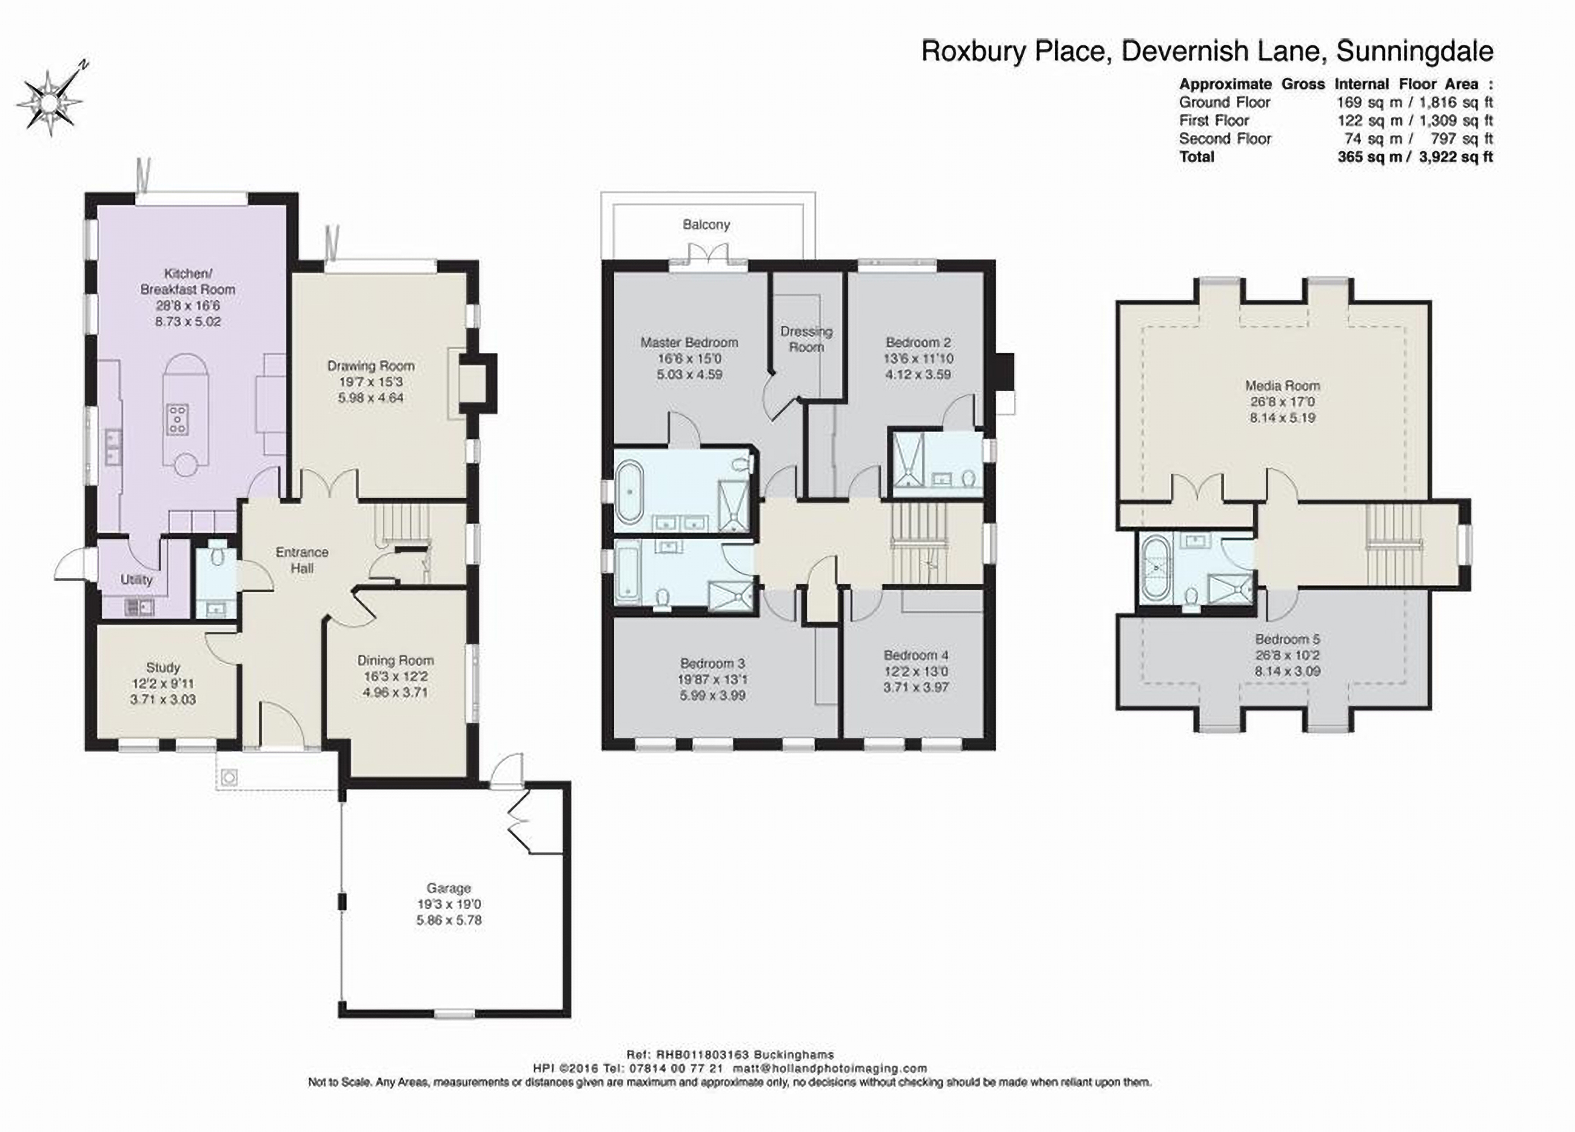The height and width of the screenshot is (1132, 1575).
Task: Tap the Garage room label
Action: pos(448,888)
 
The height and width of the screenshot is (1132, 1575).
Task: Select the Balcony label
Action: pos(706,224)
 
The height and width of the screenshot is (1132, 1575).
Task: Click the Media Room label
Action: pos(1282,385)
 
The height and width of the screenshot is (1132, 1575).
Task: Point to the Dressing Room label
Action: pos(806,339)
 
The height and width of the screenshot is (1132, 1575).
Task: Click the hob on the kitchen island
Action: pos(178,420)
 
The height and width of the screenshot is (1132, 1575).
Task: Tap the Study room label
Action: pos(163,667)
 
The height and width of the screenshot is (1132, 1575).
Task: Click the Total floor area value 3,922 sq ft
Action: pos(1455,157)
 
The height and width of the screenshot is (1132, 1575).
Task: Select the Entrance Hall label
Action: pos(301,560)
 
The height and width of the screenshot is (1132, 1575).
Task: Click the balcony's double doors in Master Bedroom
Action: pos(708,255)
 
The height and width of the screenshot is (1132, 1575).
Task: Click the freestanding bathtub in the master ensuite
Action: pos(631,491)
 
